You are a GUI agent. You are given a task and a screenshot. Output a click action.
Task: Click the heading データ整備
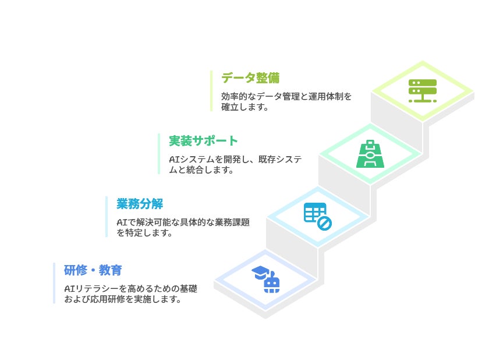[x=250, y=78]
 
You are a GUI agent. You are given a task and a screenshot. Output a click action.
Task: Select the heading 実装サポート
[x=203, y=141]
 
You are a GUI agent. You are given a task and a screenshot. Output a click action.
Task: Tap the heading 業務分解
[x=140, y=204]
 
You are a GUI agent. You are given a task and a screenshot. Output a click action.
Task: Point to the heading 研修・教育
[x=93, y=270]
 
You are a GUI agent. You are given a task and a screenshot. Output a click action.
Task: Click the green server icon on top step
[x=423, y=91]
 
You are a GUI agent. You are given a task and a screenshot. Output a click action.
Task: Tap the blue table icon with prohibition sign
[x=318, y=217]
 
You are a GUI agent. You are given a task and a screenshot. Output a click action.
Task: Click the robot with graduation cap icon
[x=265, y=280]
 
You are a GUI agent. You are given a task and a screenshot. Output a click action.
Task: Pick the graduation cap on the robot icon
[x=260, y=272]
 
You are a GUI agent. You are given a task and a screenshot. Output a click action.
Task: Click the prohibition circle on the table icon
[x=324, y=223]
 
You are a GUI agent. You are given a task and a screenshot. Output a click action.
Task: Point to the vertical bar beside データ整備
[x=211, y=91]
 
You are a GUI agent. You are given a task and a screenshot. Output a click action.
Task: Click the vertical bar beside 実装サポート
[x=159, y=154]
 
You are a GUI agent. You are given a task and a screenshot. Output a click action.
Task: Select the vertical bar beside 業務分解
[x=107, y=217]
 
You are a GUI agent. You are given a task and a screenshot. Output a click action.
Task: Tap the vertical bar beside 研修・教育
[x=54, y=283]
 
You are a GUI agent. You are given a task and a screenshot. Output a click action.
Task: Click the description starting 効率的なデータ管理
[x=286, y=101]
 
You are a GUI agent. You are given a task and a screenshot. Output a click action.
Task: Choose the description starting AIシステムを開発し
[x=235, y=164]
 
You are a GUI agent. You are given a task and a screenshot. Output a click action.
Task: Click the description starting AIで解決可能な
[x=183, y=227]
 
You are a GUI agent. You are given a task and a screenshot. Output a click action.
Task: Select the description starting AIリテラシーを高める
[x=130, y=294]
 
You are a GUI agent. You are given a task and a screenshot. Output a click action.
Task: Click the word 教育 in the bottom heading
[x=111, y=270]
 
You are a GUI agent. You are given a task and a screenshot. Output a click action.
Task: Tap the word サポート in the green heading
[x=215, y=141]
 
